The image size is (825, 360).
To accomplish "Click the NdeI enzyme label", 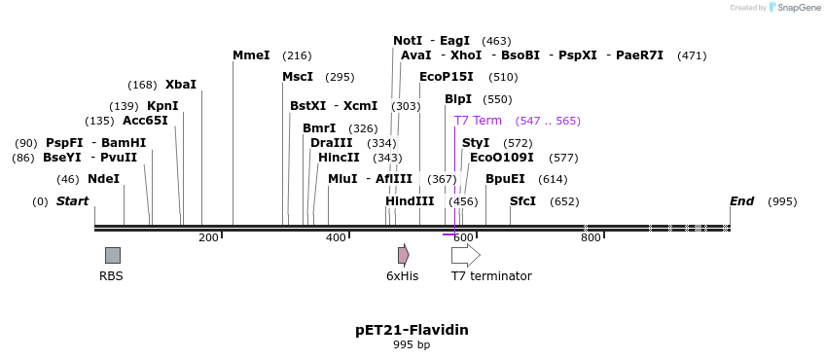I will pos(103,179).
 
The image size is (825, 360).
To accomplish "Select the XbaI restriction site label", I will pos(180,85).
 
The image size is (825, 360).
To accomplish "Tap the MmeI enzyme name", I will pos(251,55).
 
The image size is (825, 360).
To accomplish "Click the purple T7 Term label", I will pos(478,121).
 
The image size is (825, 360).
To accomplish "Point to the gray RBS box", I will pos(113,255).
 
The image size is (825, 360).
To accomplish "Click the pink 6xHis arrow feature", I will pos(403,255).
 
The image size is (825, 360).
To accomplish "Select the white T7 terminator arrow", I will pos(465,255).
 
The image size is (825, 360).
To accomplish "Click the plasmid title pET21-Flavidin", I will pos(412,330).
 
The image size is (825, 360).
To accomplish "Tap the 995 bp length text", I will pos(412,345).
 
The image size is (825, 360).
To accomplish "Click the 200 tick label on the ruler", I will pos(208,237).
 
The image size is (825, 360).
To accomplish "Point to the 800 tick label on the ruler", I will pos(591,237).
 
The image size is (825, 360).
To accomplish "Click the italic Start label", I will pos(72,201).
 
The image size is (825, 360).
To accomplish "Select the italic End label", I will pos(741,201).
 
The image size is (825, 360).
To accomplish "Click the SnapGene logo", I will pos(794,8).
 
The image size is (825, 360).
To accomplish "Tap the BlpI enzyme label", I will pos(457,99).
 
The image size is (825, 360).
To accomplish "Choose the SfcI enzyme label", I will pos(522,201).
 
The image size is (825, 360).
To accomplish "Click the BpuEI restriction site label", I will pos(505,179).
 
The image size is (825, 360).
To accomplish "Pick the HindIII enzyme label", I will pos(410,201).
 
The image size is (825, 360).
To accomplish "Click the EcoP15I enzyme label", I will pos(446,77).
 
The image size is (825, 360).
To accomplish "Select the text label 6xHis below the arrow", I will pos(402,276).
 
